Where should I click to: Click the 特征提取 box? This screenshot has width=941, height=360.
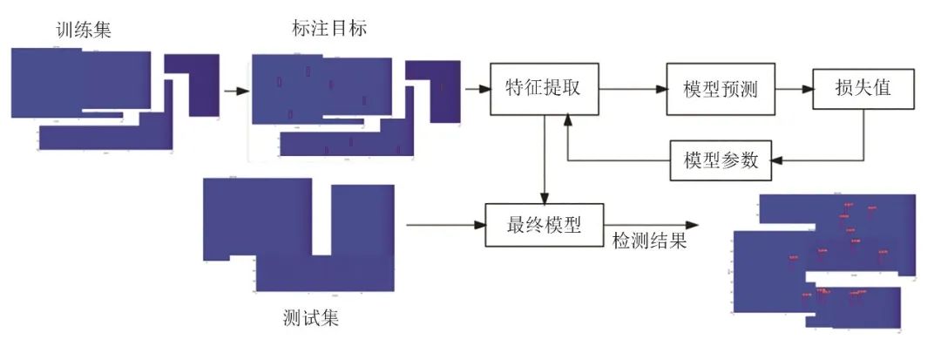tap(543, 88)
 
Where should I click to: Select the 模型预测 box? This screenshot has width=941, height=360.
tap(721, 90)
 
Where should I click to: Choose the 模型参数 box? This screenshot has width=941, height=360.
tap(721, 160)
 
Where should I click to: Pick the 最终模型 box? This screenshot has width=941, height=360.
tap(543, 225)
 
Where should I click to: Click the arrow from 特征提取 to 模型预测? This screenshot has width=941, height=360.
tap(632, 89)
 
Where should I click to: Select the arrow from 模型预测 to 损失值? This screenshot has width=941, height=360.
tap(794, 89)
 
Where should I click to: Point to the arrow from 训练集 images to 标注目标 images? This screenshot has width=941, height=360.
tap(234, 90)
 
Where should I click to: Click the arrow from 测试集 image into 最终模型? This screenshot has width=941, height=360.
tap(444, 225)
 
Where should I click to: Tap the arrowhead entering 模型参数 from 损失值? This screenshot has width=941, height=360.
tap(777, 160)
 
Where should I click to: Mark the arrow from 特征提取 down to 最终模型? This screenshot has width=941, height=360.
tap(544, 157)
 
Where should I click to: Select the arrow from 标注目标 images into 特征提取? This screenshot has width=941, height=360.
tap(477, 88)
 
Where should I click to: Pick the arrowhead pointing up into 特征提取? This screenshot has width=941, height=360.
tap(567, 124)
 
